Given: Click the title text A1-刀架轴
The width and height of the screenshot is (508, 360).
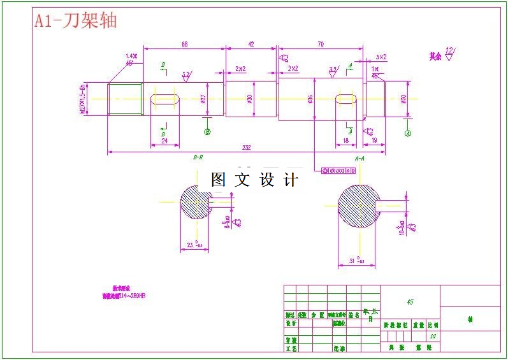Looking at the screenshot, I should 75,21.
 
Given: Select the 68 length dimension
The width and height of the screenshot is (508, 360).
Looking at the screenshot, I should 184,44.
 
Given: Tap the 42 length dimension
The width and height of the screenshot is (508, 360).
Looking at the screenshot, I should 251,44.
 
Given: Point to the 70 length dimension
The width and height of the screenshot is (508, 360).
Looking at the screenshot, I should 320,44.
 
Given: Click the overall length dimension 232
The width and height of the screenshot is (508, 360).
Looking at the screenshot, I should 246,148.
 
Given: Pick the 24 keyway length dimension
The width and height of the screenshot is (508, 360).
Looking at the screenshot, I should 164,141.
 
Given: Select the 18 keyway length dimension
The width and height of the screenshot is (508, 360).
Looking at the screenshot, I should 346,140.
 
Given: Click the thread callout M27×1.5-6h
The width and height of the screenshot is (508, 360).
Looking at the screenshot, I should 82,99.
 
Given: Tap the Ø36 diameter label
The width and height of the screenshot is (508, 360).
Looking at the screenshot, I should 310,99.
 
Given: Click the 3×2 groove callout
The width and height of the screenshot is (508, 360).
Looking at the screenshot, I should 381,57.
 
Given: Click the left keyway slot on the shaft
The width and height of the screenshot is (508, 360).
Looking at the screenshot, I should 164,99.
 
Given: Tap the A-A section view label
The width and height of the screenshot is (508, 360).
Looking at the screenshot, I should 359,157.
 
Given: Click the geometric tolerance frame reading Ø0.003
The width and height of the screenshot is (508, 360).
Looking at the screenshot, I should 339,171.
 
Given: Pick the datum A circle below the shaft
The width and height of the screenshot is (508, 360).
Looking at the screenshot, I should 408,133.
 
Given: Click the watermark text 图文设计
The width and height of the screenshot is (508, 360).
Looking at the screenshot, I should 254,180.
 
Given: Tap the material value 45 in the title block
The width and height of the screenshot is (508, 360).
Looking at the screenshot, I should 409,301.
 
